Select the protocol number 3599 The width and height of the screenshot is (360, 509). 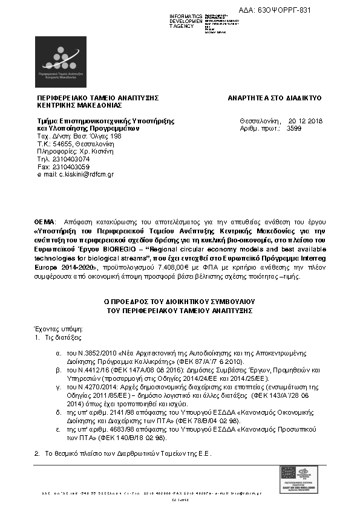click(x=294, y=129)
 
